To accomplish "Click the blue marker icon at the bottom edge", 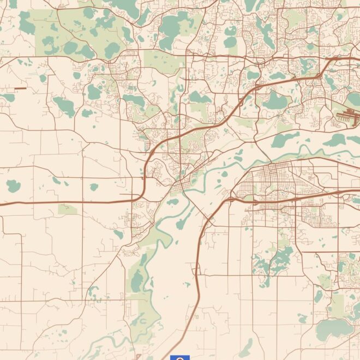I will point(180,357).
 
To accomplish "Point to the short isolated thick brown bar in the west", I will point(20,88).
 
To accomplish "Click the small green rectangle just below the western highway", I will point(68,209).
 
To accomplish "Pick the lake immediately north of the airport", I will point(355,98).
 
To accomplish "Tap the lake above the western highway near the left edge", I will point(13,185).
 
